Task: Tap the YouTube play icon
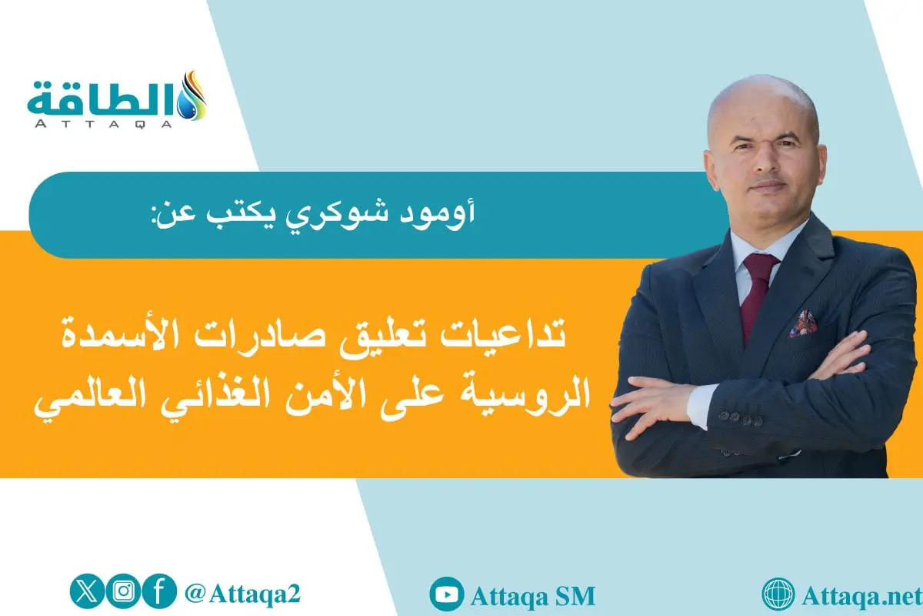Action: [x=446, y=594]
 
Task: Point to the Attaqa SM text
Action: [x=531, y=595]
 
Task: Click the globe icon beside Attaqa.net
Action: [x=778, y=594]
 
